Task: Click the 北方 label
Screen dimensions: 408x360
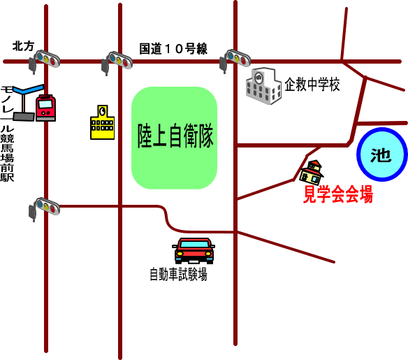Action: pyautogui.click(x=23, y=46)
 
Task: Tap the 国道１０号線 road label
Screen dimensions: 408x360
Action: pyautogui.click(x=173, y=49)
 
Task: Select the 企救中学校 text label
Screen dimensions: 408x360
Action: pyautogui.click(x=312, y=85)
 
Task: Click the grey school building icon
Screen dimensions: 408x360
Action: pyautogui.click(x=263, y=86)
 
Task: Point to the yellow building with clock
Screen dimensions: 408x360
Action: pyautogui.click(x=102, y=122)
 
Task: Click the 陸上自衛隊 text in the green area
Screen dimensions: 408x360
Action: pyautogui.click(x=175, y=136)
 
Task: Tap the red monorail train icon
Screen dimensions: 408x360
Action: pyautogui.click(x=46, y=108)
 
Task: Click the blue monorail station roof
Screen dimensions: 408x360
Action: pyautogui.click(x=28, y=89)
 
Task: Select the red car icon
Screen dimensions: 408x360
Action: pyautogui.click(x=194, y=251)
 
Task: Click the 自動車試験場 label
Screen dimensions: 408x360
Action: pyautogui.click(x=179, y=274)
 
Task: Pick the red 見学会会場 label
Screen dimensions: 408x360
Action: pyautogui.click(x=338, y=194)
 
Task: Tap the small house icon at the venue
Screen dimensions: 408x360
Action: pyautogui.click(x=312, y=173)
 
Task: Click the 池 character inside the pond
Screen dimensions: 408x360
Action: pyautogui.click(x=381, y=155)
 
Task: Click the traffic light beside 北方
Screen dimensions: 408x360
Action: pyautogui.click(x=44, y=61)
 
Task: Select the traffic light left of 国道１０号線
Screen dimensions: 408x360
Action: pyautogui.click(x=117, y=62)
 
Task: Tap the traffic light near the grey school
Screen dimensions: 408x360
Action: pyautogui.click(x=235, y=60)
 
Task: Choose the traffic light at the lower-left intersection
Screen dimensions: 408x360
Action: pyautogui.click(x=44, y=208)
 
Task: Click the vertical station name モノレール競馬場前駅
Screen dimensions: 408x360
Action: pyautogui.click(x=7, y=134)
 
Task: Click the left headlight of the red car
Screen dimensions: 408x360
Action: pyautogui.click(x=180, y=253)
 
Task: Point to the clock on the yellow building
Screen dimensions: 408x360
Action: pyautogui.click(x=103, y=111)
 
